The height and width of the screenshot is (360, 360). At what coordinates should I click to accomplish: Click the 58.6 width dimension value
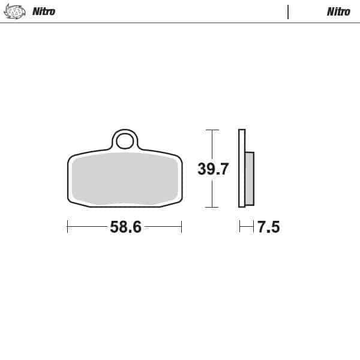click(125, 227)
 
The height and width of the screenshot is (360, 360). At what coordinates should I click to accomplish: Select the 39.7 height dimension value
click(213, 169)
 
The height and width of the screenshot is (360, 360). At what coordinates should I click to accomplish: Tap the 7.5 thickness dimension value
click(268, 227)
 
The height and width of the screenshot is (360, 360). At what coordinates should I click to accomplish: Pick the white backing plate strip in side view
click(242, 168)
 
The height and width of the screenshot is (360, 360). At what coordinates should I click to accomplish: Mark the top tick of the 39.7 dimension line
click(211, 130)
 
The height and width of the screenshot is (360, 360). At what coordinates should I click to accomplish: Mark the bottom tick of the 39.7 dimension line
click(211, 207)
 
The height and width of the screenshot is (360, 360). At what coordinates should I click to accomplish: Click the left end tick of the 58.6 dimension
click(68, 227)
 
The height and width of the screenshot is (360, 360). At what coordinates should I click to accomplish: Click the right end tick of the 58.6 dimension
click(181, 227)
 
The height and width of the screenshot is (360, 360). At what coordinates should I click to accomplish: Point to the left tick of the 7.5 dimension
click(239, 227)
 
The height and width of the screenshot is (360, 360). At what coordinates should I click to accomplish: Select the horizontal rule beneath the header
click(180, 23)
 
